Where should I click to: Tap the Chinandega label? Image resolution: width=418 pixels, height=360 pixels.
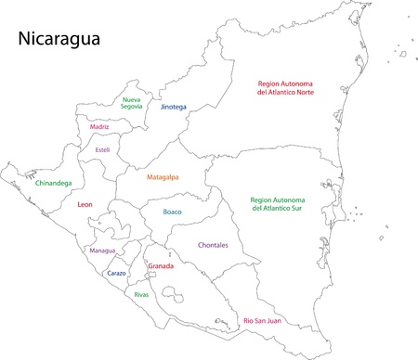52,183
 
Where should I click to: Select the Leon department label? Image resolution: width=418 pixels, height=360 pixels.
85,204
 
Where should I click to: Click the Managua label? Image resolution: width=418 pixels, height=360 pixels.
101,251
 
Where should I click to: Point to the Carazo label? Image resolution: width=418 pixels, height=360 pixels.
116,274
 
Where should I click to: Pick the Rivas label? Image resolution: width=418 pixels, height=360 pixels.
141,294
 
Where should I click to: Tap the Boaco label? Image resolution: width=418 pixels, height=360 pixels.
173,212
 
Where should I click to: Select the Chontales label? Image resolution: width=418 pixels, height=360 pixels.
214,245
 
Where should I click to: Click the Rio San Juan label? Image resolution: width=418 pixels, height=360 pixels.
263,320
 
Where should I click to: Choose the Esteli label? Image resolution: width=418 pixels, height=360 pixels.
102,149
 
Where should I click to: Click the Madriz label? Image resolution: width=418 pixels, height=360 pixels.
99,126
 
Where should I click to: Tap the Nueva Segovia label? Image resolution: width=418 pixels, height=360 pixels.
133,103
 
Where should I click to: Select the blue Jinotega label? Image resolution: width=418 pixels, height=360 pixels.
173,107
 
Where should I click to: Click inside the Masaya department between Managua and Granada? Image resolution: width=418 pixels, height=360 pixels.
141,259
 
